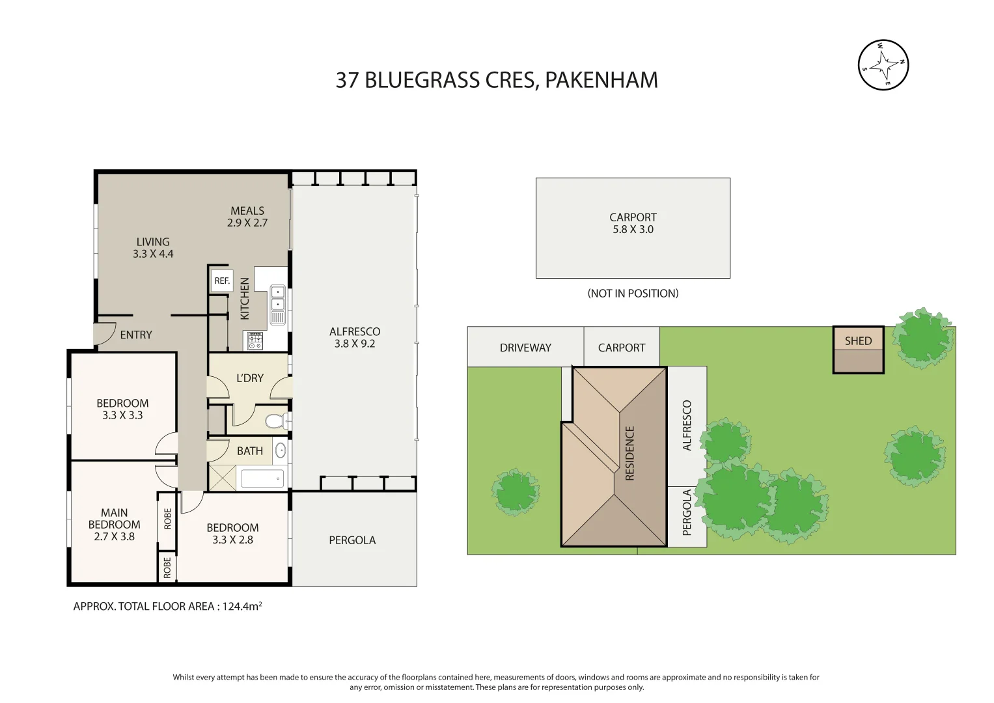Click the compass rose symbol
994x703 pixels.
[x=883, y=65]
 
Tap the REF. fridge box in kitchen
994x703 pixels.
[x=222, y=281]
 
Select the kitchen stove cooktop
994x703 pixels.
[x=255, y=340]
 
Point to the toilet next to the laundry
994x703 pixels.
[x=275, y=421]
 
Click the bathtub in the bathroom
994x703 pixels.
[x=262, y=478]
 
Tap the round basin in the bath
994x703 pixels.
[x=281, y=450]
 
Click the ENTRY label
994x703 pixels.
[x=136, y=335]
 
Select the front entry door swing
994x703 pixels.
[x=104, y=333]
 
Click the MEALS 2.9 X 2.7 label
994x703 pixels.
[x=247, y=217]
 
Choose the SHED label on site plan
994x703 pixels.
[x=858, y=340]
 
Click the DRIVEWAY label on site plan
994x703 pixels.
[x=525, y=348]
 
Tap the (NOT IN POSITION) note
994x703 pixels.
[x=633, y=294]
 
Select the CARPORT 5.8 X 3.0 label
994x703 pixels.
[x=633, y=223]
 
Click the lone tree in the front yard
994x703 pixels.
[x=516, y=492]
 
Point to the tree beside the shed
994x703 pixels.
[x=922, y=338]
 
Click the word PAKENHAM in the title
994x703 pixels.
[x=601, y=80]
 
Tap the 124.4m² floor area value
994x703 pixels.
[x=242, y=606]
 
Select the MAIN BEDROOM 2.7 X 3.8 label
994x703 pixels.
[x=114, y=525]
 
